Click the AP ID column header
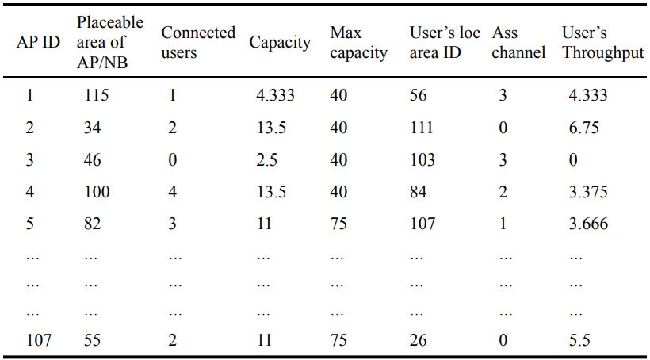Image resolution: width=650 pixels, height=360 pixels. pos(38,43)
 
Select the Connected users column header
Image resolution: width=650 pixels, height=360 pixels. pos(198,42)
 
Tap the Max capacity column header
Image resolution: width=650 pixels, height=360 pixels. pos(358,43)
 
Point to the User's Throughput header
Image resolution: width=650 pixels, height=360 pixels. pos(602,43)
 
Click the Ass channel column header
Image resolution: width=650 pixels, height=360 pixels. pos(518,43)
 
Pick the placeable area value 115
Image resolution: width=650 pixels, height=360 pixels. pos(96,95)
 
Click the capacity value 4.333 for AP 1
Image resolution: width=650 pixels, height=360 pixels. pos(275,95)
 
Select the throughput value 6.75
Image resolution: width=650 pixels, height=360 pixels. pos(583,128)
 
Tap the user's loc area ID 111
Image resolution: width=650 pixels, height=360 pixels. pos(422,128)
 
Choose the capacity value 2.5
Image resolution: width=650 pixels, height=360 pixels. pos(266,159)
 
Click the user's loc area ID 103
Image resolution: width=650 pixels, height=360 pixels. pos(422,159)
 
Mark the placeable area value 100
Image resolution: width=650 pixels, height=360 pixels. pos(97,192)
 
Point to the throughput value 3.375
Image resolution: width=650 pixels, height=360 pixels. pos(588,192)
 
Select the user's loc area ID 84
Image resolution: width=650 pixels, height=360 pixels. pos(419,192)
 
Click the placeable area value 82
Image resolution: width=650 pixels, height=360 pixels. pos(92,224)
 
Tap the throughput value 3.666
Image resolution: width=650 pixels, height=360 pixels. pos(588,224)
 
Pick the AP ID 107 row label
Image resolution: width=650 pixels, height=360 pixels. pos(38,339)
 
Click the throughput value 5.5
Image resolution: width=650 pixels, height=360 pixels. pos(579,339)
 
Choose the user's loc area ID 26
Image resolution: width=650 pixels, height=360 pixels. pos(419,339)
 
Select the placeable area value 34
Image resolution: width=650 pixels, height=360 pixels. pos(92,128)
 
